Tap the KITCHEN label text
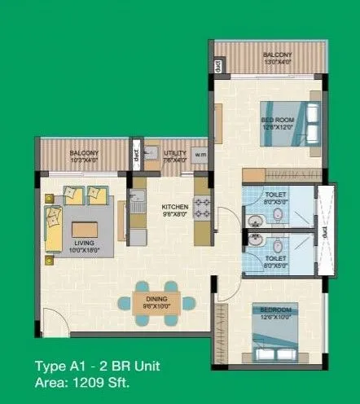[x=175, y=207]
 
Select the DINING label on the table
[x=156, y=300]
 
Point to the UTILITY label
[x=175, y=152]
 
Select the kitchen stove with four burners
[x=201, y=209]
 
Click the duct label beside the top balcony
[x=219, y=65]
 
